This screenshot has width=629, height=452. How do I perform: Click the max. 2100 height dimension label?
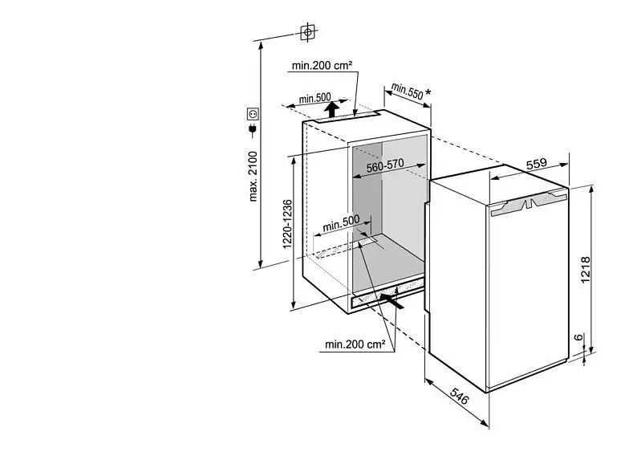[253, 176]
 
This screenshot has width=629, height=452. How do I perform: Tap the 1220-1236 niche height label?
[287, 223]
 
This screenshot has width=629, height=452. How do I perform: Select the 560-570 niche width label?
[385, 165]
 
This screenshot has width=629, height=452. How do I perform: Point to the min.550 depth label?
[408, 92]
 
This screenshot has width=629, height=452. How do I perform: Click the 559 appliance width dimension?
[536, 164]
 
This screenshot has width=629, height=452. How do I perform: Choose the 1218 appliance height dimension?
[586, 270]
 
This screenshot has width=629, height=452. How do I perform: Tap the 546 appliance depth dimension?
[459, 396]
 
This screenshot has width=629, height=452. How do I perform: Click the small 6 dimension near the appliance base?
[578, 337]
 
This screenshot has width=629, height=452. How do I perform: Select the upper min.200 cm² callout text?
[322, 66]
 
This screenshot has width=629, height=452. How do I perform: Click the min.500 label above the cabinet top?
[314, 98]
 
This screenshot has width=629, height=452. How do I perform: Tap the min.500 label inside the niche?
[341, 223]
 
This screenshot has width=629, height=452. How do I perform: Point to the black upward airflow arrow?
[331, 109]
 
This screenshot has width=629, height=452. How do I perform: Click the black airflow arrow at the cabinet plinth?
[392, 300]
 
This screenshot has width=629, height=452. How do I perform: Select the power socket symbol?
[253, 114]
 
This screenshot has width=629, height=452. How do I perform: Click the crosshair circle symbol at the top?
[308, 32]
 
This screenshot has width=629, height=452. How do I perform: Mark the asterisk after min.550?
[428, 92]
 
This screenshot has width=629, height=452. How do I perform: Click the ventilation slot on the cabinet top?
[347, 117]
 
